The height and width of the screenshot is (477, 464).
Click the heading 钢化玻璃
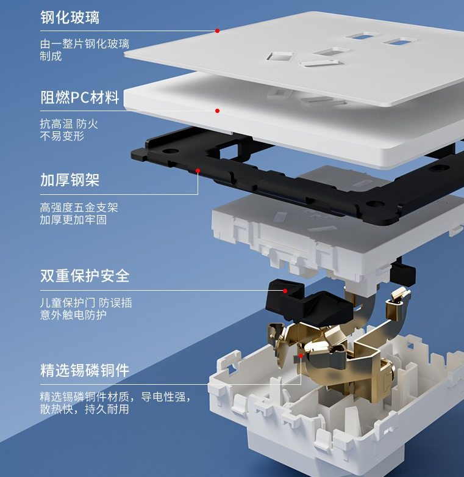(x=70, y=17)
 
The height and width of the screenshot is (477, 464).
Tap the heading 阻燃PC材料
(x=80, y=97)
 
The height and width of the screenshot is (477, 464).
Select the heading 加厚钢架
(x=70, y=180)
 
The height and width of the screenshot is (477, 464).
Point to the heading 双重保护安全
(x=85, y=275)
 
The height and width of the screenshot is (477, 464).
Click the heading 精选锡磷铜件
(x=85, y=370)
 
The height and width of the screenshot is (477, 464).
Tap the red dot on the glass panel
(x=216, y=31)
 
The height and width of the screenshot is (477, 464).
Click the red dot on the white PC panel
(x=216, y=111)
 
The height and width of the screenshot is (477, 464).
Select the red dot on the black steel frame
(x=198, y=170)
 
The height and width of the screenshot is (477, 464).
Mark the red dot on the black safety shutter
(x=285, y=291)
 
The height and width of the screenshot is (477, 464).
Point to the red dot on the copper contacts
(x=301, y=354)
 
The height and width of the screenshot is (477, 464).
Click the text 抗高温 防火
(x=69, y=124)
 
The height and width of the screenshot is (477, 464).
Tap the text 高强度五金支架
(x=79, y=208)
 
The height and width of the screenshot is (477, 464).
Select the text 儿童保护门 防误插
(x=85, y=303)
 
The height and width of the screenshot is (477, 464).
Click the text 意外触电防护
(x=73, y=315)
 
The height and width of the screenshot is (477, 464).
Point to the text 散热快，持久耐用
(x=85, y=409)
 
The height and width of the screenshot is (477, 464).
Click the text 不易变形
(x=62, y=136)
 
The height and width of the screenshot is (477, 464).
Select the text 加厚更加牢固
(x=73, y=220)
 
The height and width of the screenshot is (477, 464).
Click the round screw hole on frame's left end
(x=171, y=150)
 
